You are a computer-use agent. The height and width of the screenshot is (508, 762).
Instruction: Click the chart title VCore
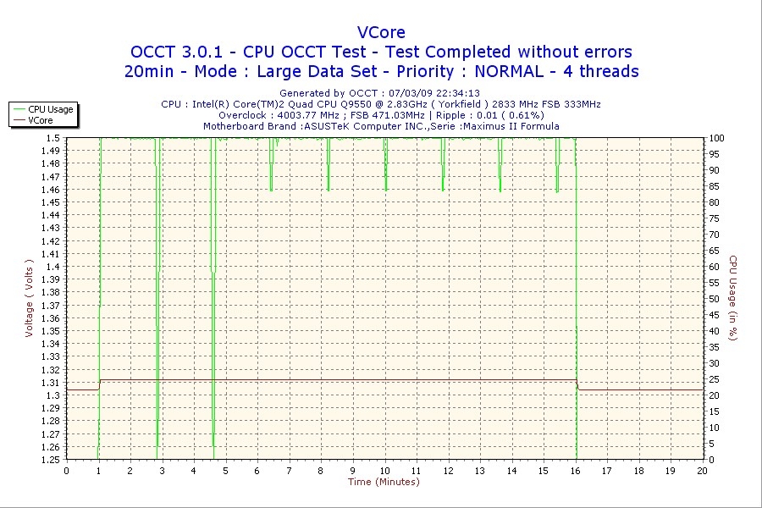(x=381, y=32)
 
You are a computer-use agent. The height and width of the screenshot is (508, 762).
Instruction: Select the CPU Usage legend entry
(x=50, y=109)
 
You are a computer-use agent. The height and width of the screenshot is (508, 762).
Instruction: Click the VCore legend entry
(x=40, y=120)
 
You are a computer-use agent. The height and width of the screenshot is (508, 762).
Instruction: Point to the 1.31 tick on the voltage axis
(x=52, y=383)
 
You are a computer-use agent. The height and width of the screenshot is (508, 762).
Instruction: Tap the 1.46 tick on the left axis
(x=52, y=190)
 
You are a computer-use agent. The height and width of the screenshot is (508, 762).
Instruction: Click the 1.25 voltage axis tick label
(x=52, y=460)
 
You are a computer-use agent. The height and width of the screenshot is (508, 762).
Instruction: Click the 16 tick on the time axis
(x=576, y=471)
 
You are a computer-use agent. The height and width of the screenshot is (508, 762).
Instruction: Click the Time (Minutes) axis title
(x=384, y=482)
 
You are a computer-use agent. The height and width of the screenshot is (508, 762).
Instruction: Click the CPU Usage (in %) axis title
(x=733, y=299)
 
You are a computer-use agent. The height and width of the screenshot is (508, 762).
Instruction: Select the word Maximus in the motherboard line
(x=488, y=126)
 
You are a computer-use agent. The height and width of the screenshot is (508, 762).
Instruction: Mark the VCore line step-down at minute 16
(x=577, y=385)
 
